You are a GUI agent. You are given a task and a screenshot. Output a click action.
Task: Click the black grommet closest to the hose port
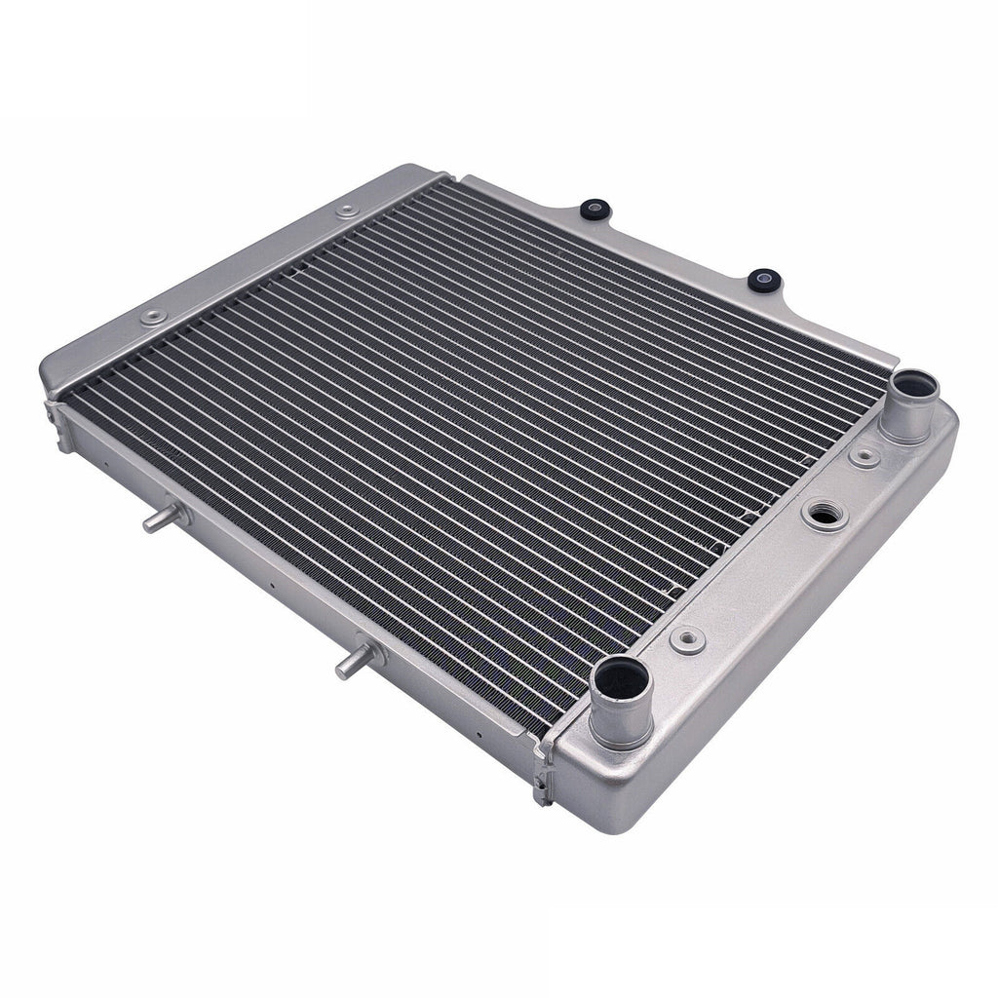pyautogui.click(x=762, y=281)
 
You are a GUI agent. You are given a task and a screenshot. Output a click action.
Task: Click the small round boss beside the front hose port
pyautogui.click(x=690, y=637)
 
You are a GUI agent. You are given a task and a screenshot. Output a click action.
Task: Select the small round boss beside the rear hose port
pyautogui.click(x=860, y=454)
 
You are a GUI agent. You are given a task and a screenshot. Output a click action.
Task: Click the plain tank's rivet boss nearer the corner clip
pyautogui.click(x=154, y=317)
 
